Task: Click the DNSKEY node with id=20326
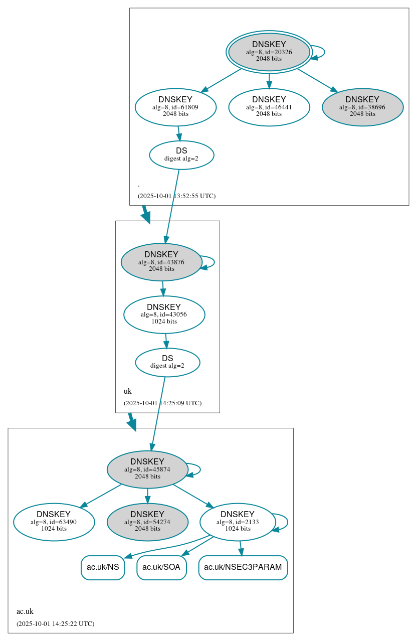[269, 52]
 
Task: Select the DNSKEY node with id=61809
[175, 107]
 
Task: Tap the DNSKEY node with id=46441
[269, 107]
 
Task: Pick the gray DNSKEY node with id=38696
[362, 107]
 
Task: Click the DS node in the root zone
[181, 155]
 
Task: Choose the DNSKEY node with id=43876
[161, 262]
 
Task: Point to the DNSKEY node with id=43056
[164, 314]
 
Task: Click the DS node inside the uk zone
[167, 362]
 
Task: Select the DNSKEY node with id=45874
[147, 469]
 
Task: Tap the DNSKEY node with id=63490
[54, 522]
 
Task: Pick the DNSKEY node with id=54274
[147, 522]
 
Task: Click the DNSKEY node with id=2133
[238, 522]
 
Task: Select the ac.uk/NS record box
[103, 567]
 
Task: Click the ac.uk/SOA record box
[161, 567]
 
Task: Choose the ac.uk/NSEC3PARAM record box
[243, 567]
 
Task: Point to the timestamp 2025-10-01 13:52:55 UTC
[176, 196]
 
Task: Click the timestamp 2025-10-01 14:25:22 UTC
[55, 624]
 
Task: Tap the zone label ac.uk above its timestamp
[25, 611]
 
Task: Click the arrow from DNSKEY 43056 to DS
[166, 341]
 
